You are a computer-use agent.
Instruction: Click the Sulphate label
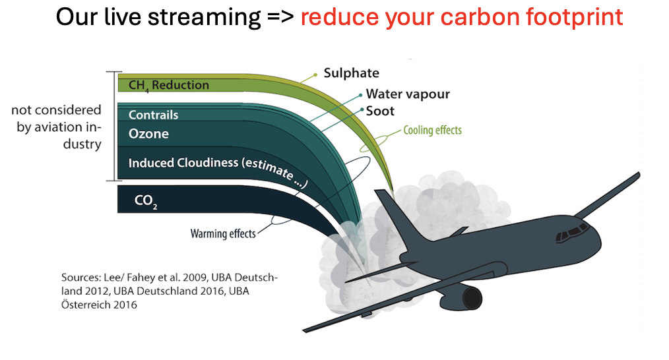[x=351, y=73]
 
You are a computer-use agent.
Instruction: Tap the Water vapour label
[x=408, y=94]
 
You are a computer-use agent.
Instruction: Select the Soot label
[x=380, y=111]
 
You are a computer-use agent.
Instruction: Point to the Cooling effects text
[x=432, y=130]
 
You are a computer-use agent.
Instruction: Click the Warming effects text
[x=223, y=233]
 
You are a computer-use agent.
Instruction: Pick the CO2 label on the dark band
[x=146, y=201]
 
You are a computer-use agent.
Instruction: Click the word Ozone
[x=148, y=133]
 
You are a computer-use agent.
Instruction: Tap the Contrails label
[x=153, y=115]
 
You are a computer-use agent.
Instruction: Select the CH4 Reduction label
[x=168, y=85]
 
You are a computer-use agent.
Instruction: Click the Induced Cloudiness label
[x=218, y=169]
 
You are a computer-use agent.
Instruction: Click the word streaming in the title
[x=204, y=18]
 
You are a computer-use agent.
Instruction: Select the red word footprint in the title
[x=574, y=18]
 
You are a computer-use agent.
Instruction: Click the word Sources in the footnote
[x=80, y=277]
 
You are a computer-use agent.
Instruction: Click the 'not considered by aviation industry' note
[x=56, y=127]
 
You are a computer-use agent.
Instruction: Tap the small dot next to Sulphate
[x=315, y=75]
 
